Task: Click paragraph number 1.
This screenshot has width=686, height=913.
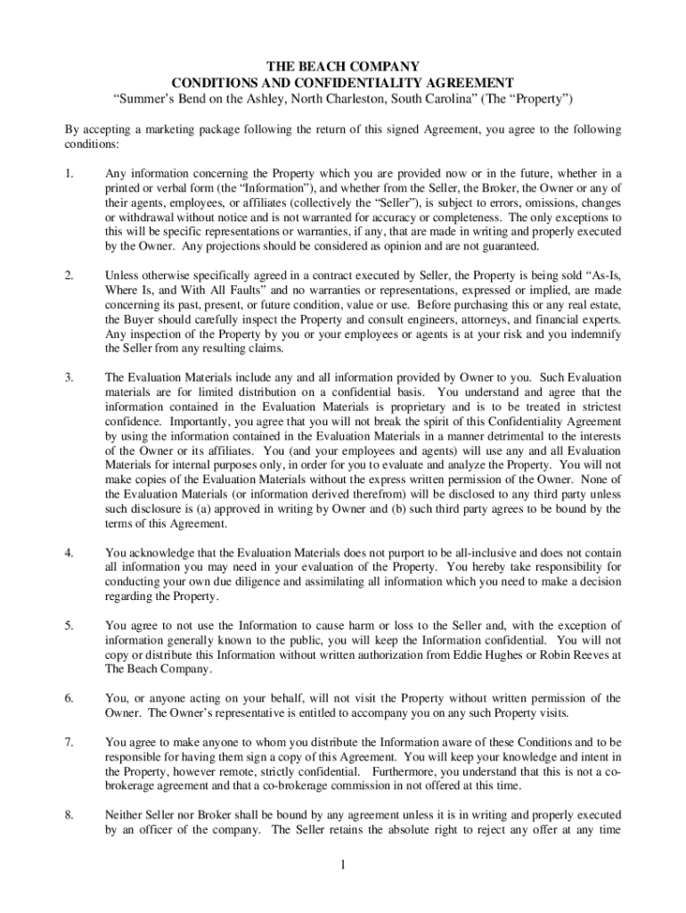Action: click(x=69, y=173)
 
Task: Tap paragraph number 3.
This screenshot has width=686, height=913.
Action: click(x=69, y=378)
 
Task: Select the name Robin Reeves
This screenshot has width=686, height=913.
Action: click(x=572, y=654)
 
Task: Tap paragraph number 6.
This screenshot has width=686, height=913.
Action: click(x=69, y=698)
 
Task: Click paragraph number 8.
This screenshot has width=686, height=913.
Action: click(x=69, y=815)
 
